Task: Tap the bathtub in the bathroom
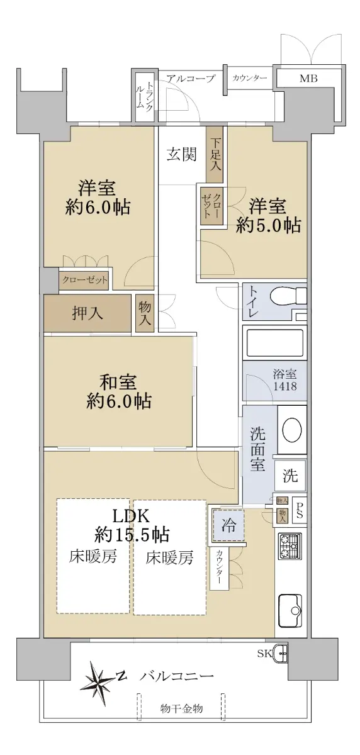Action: click(274, 343)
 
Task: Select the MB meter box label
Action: click(308, 79)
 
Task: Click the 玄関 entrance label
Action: click(182, 154)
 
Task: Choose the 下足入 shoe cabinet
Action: click(215, 155)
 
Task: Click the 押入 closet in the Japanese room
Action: click(87, 313)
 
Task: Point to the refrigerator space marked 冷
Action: click(228, 525)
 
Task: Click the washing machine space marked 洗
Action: click(290, 476)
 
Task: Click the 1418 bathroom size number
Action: click(285, 386)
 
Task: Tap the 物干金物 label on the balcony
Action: click(181, 709)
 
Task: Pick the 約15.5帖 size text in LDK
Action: click(132, 535)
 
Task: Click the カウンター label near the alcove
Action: click(249, 79)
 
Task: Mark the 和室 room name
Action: click(118, 383)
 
